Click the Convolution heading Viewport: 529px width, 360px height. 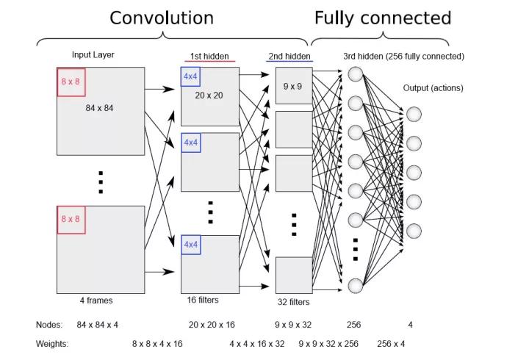point(162,18)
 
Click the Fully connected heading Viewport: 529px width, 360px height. point(382,18)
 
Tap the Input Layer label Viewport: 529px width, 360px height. point(93,54)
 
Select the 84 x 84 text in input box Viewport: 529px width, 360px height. point(100,108)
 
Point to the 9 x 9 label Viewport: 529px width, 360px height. point(292,87)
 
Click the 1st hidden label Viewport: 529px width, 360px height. point(210,56)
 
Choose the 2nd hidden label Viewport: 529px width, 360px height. point(289,56)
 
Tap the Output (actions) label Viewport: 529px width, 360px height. point(433,88)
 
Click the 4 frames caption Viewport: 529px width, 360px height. point(96,300)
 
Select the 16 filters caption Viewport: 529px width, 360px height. point(204,300)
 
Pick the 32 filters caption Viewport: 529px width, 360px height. point(292,302)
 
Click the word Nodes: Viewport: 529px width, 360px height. point(49,324)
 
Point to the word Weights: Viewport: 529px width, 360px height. point(52,343)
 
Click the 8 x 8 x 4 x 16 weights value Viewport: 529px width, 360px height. point(157,343)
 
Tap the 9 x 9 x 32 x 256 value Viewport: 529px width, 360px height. point(328,343)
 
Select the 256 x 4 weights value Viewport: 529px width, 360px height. point(391,343)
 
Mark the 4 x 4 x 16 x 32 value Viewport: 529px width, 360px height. point(256,343)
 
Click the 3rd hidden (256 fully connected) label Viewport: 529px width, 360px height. point(403,56)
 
